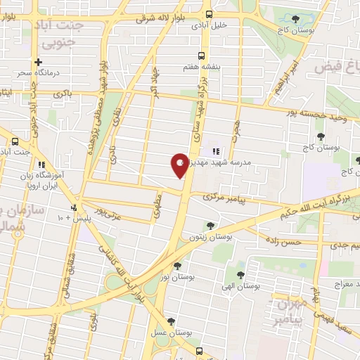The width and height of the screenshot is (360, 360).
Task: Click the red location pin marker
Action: (x=180, y=164)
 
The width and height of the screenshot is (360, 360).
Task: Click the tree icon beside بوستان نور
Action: (x=177, y=266)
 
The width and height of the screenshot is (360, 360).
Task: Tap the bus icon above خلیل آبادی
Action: (x=208, y=13)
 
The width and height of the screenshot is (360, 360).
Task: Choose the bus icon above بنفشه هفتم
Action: (x=202, y=56)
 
